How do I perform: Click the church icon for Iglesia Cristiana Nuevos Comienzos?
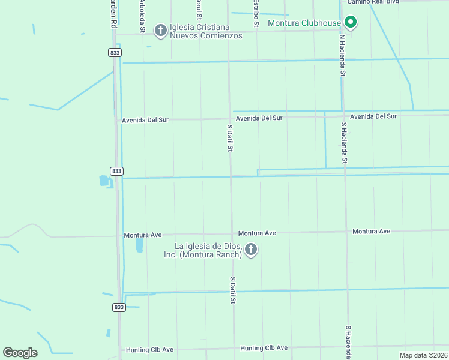(x=160, y=29)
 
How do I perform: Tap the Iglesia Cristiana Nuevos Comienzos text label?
(x=205, y=31)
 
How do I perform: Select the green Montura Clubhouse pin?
(x=351, y=23)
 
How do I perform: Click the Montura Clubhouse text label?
(x=304, y=23)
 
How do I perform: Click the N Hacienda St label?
(x=342, y=55)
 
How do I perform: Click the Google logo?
(x=20, y=353)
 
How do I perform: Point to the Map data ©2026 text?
(x=423, y=355)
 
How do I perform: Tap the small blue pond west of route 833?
(x=104, y=181)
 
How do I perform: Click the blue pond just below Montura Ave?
(x=140, y=245)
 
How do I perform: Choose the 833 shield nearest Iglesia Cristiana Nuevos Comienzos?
(x=115, y=53)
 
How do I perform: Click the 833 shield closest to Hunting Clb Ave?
(x=119, y=307)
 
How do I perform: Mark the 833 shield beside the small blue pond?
(x=116, y=171)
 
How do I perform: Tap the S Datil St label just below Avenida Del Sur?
(x=229, y=139)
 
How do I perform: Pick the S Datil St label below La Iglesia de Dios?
(x=232, y=290)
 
